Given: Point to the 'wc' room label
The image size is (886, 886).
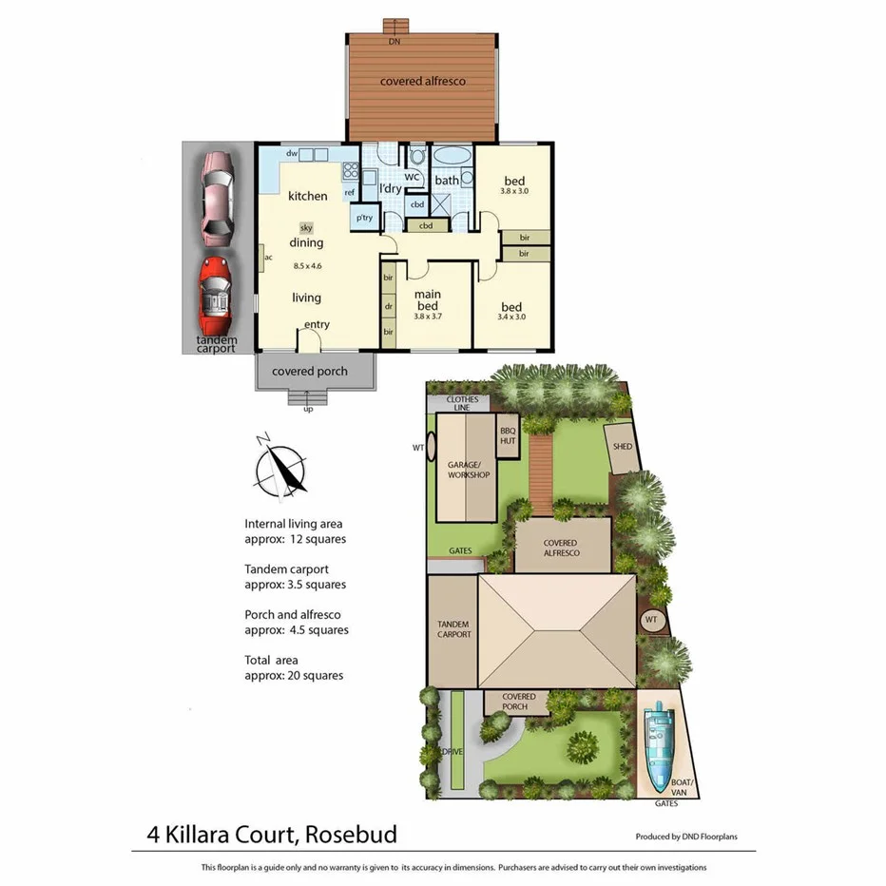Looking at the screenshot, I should pyautogui.click(x=413, y=177).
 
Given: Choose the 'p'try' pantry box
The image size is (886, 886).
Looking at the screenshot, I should pyautogui.click(x=364, y=218).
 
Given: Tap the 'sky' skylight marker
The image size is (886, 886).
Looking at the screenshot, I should pyautogui.click(x=306, y=227).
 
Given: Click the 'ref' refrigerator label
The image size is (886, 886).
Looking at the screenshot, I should pyautogui.click(x=350, y=193).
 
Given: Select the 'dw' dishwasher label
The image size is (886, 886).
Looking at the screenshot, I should pyautogui.click(x=293, y=153).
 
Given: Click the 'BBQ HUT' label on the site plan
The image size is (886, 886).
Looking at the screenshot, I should pyautogui.click(x=508, y=435).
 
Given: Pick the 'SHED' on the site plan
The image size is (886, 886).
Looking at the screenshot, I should pyautogui.click(x=623, y=446).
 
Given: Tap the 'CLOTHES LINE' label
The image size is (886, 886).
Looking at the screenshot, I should pyautogui.click(x=462, y=403).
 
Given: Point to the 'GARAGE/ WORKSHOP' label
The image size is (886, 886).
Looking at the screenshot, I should pyautogui.click(x=468, y=469).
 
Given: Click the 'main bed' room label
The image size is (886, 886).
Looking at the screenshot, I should pyautogui.click(x=427, y=300).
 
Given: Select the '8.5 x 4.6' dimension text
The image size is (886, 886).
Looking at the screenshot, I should pyautogui.click(x=307, y=265).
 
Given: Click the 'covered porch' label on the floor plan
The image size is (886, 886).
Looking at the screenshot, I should pyautogui.click(x=310, y=371).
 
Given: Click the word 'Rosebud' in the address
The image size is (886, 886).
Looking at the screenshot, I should pyautogui.click(x=352, y=836).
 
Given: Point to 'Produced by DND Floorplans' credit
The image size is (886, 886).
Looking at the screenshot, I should pyautogui.click(x=686, y=838).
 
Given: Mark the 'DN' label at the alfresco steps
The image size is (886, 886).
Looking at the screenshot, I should pyautogui.click(x=393, y=42).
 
